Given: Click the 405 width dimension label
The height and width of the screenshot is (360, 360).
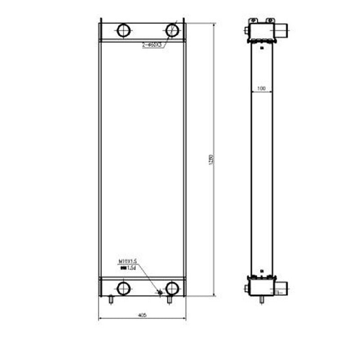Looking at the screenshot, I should click(142, 315).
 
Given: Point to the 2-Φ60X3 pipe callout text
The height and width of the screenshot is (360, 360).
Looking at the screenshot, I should click(152, 45).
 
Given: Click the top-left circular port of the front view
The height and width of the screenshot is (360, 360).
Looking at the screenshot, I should click(123, 31).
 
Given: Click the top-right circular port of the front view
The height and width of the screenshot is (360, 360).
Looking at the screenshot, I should click(172, 31).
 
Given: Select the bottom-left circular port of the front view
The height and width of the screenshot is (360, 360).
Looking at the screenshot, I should click(123, 287).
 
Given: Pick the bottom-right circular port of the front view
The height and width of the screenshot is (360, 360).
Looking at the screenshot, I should click(172, 287).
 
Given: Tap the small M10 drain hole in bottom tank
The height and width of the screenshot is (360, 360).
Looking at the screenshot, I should click(160, 293).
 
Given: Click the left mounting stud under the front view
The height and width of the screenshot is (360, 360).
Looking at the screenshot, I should click(111, 299).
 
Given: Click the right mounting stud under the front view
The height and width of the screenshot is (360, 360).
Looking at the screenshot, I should click(169, 299).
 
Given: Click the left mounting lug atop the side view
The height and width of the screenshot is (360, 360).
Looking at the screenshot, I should click(253, 20).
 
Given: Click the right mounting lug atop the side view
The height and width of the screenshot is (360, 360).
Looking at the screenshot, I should click(270, 20).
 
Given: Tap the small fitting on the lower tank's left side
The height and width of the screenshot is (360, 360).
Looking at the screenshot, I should click(247, 288).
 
